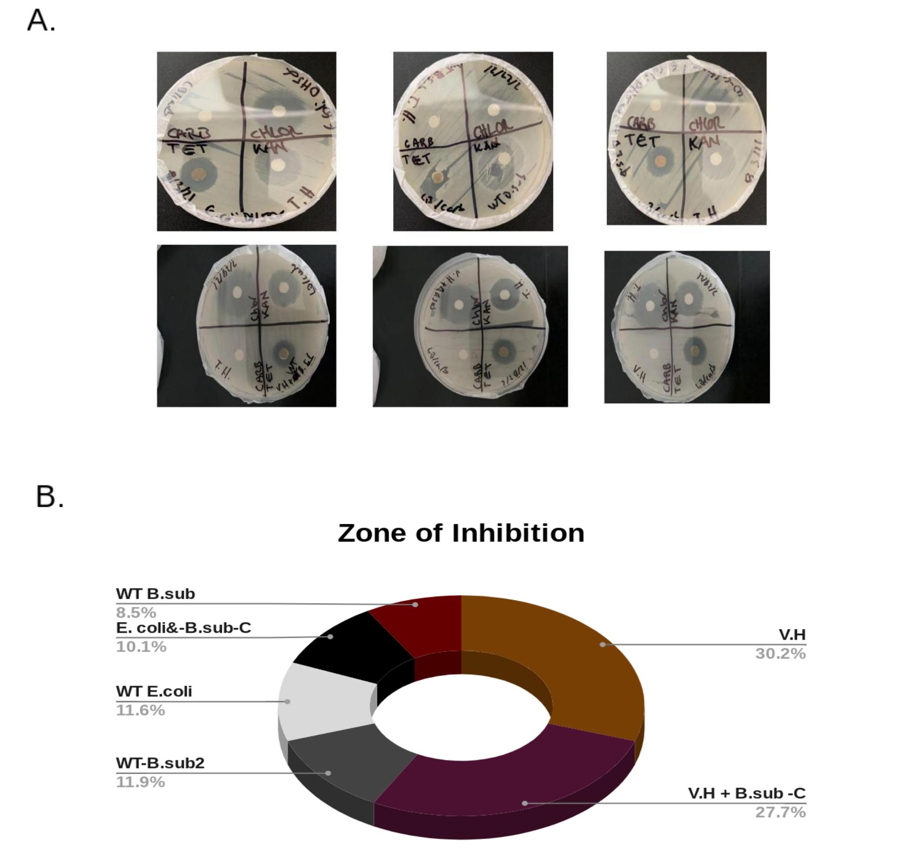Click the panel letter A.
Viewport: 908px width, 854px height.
click(x=41, y=21)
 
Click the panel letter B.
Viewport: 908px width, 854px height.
click(x=49, y=497)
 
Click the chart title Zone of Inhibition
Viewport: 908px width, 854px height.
click(x=461, y=533)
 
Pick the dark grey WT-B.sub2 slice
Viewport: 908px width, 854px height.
click(x=344, y=762)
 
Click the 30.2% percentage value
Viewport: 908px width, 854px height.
click(x=780, y=654)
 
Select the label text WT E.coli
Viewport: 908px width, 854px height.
click(x=154, y=691)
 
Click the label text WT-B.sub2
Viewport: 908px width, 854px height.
click(x=160, y=763)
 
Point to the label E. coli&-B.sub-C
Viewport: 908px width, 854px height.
click(x=183, y=628)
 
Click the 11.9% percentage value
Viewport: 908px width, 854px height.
click(x=140, y=782)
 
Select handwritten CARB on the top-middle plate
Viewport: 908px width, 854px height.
click(x=419, y=143)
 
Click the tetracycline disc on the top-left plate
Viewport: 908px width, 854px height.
click(x=199, y=174)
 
